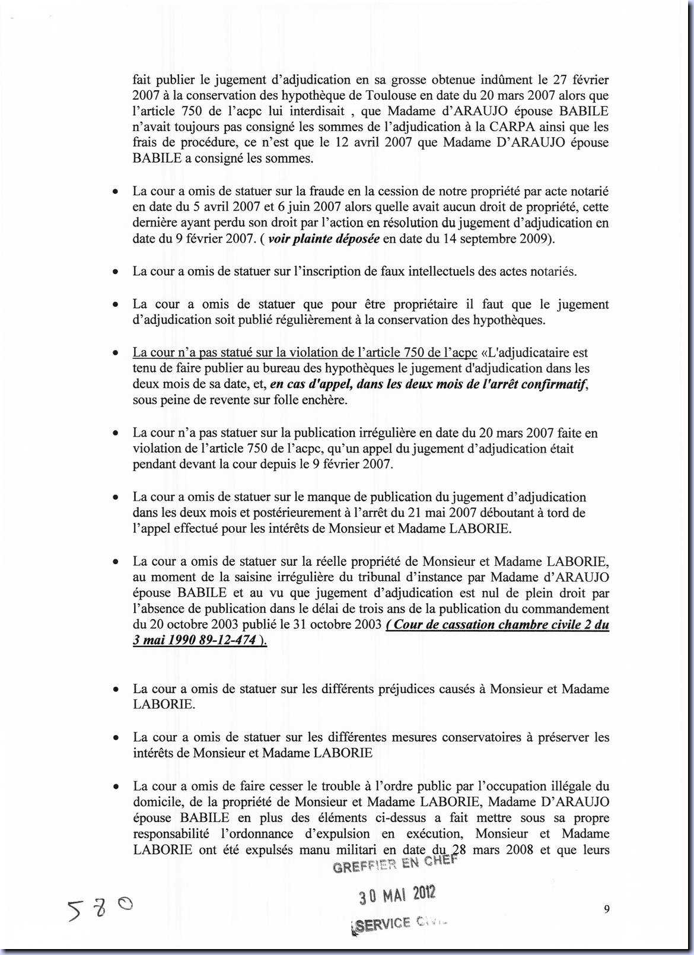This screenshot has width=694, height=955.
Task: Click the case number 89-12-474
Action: [228, 640]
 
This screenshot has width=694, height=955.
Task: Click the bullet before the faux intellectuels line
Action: [116, 272]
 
